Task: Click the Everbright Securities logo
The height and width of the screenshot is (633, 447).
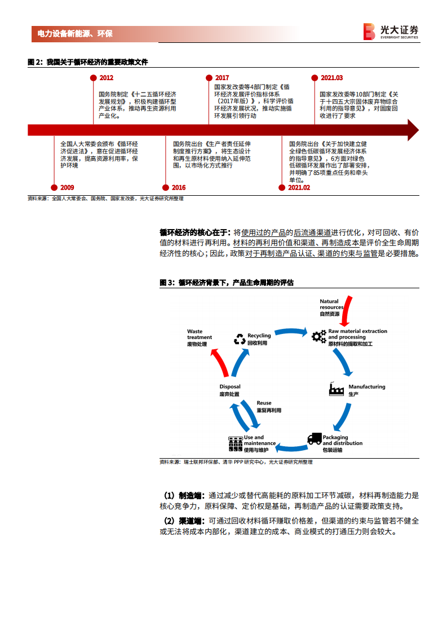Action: (390, 32)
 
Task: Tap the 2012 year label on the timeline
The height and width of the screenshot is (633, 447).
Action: (106, 78)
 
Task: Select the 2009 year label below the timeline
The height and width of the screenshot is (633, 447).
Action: (67, 187)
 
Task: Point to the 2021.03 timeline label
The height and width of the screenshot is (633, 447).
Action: (331, 78)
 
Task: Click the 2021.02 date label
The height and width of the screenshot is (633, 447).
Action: (299, 187)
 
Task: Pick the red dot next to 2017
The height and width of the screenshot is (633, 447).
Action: (209, 78)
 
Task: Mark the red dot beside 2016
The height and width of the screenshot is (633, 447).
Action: (166, 187)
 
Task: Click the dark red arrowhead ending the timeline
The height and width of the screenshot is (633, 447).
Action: (412, 130)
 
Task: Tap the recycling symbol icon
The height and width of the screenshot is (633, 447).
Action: (240, 339)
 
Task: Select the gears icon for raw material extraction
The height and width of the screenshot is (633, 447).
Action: (318, 337)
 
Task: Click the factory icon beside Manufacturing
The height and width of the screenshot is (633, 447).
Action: (337, 389)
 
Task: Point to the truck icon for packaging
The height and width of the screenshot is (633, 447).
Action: (315, 439)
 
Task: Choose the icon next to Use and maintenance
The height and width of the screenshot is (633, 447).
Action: (234, 443)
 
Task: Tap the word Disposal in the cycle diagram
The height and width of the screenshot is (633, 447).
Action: (230, 387)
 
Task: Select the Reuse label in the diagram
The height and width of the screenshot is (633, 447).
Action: (264, 403)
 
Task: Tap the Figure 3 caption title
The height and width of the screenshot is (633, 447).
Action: (227, 282)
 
